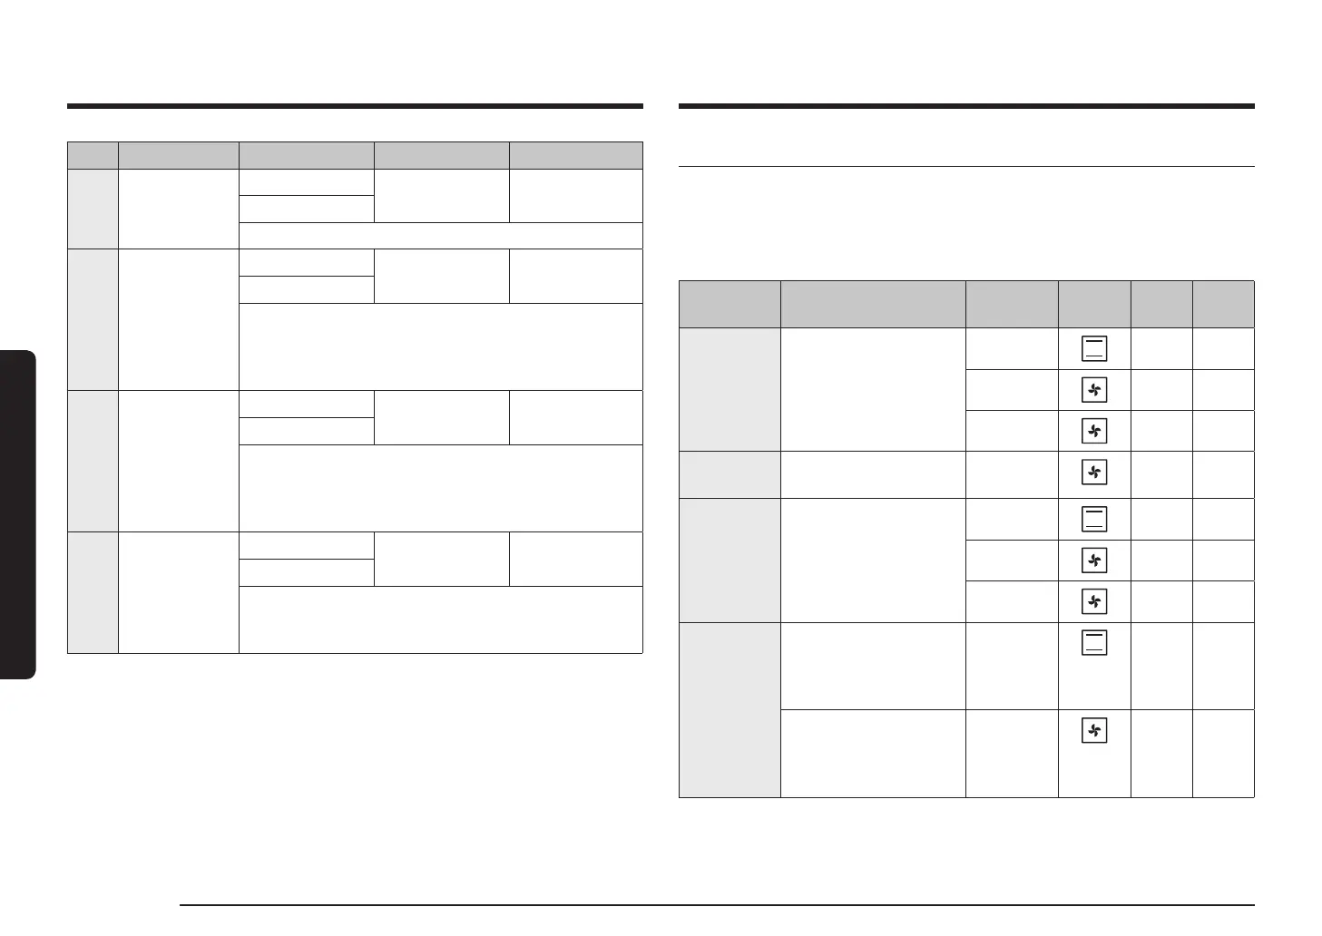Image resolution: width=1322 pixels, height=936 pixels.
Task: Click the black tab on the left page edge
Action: [x=17, y=515]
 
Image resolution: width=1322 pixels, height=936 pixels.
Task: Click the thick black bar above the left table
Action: [x=355, y=106]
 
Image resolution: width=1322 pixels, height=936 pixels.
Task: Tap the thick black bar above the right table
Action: [x=966, y=106]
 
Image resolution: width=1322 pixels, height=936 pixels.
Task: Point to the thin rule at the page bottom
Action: [x=717, y=904]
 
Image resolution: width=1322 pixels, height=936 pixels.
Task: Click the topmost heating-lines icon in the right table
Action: [x=1094, y=348]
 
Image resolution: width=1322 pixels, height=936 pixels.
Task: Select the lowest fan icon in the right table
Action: [x=1094, y=730]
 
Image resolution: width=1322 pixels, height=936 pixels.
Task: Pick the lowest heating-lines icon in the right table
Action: [x=1094, y=643]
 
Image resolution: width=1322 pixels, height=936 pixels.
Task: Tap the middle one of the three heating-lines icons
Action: [x=1094, y=518]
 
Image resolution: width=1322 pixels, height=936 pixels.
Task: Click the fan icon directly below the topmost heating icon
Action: [x=1094, y=390]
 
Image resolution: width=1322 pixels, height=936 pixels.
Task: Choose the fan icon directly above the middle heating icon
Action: [x=1094, y=472]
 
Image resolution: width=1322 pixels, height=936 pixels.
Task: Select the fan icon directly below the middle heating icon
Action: [x=1094, y=560]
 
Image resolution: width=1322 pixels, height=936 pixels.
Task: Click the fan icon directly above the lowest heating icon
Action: [x=1094, y=600]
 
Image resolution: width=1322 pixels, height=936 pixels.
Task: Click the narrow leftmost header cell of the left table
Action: [x=93, y=155]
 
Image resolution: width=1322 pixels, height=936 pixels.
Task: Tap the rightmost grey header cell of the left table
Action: [x=576, y=155]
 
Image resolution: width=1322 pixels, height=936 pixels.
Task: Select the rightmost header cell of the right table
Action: [x=1223, y=304]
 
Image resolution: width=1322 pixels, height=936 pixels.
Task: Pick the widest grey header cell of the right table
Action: [x=873, y=304]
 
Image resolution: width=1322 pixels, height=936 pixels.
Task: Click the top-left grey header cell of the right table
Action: [x=730, y=304]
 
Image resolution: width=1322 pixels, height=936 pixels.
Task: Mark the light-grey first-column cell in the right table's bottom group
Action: [x=730, y=709]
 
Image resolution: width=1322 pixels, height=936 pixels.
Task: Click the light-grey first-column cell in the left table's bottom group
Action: [x=93, y=592]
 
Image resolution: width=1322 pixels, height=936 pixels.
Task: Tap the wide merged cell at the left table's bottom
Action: [x=440, y=619]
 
